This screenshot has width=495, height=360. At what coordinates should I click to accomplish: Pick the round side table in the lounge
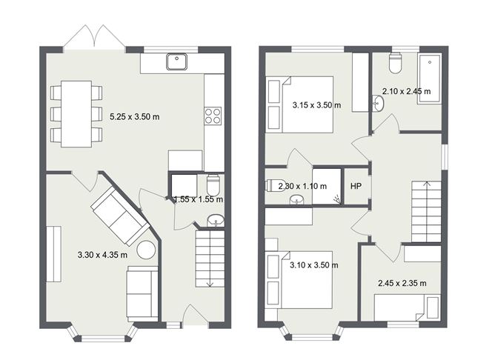147,250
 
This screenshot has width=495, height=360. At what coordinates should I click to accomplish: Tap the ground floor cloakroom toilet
213,184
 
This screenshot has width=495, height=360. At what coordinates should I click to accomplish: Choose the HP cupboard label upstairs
356,186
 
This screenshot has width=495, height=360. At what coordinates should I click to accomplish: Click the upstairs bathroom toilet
394,65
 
